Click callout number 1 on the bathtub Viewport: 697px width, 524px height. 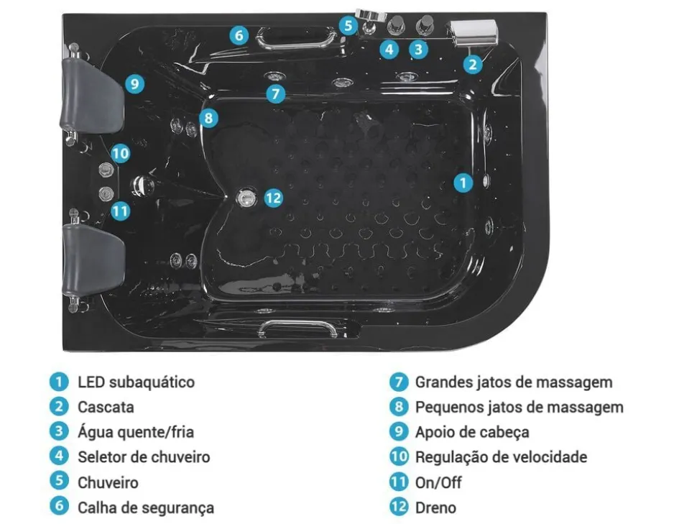463,183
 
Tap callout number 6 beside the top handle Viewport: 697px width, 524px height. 239,35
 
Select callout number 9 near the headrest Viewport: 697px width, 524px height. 134,84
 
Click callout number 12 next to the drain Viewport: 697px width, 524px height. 273,197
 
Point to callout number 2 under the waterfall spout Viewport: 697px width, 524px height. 472,64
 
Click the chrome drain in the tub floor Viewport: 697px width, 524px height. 247,196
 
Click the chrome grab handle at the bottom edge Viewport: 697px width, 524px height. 298,328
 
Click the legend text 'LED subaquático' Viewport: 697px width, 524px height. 136,382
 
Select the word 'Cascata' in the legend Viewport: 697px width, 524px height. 106,407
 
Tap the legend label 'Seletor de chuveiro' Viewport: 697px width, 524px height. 144,456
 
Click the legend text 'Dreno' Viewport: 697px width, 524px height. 435,507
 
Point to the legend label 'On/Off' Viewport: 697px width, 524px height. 438,482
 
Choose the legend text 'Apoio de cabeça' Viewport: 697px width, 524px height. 471,432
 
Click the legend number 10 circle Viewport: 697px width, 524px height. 399,456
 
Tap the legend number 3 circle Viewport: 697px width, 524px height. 59,431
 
